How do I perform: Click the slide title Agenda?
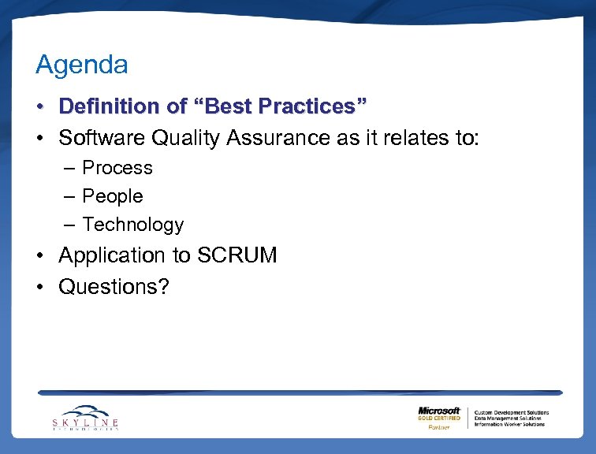[81, 65]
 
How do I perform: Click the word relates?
[409, 138]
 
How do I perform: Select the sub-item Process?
[117, 168]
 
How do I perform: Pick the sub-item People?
[113, 196]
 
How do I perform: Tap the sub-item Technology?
[132, 225]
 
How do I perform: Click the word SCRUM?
[237, 255]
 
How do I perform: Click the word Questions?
[114, 287]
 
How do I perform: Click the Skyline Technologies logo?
[86, 418]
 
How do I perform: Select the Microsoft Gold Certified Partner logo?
[439, 418]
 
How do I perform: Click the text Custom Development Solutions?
[511, 412]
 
